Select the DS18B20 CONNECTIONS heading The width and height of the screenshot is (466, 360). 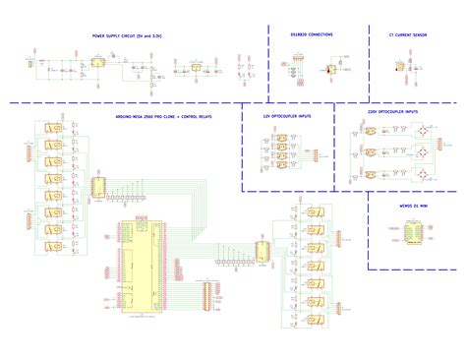pyautogui.click(x=312, y=34)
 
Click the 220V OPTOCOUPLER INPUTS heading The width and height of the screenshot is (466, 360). pyautogui.click(x=392, y=112)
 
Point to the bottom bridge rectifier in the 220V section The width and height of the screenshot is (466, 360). pyautogui.click(x=422, y=174)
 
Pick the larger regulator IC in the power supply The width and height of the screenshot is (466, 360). pyautogui.click(x=98, y=62)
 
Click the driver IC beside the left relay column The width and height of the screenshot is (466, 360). pyautogui.click(x=98, y=187)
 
